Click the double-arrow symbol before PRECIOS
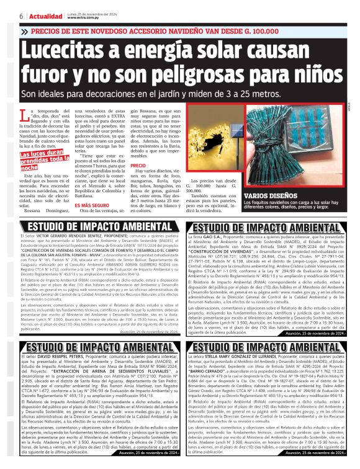(x=24, y=30)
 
